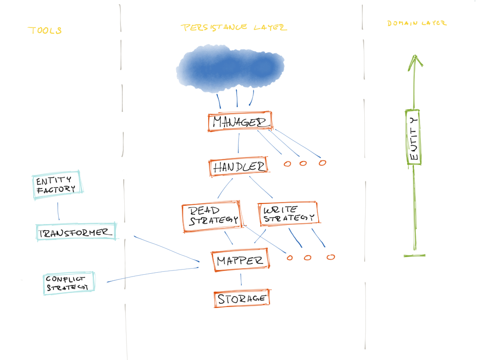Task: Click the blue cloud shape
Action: [230, 68]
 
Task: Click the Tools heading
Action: [45, 30]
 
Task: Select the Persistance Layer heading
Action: [233, 27]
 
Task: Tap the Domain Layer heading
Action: [417, 23]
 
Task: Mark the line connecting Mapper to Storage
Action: [241, 279]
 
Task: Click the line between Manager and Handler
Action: [239, 143]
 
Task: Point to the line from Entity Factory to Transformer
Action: [58, 211]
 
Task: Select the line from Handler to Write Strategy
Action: [261, 187]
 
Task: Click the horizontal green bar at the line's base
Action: [414, 255]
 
